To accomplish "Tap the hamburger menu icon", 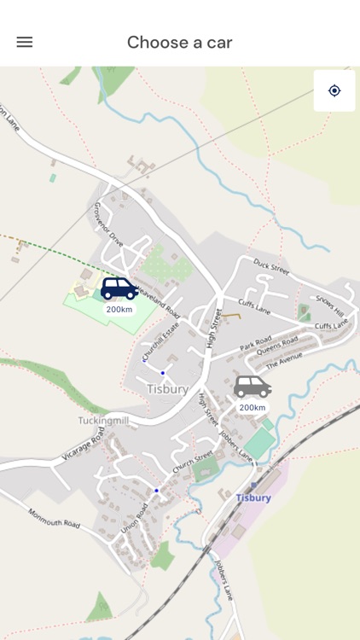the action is coord(25,42).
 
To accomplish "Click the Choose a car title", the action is coord(179,42).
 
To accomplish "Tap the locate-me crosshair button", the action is coord(334,90).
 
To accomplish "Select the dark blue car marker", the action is coord(119,288).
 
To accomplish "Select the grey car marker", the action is coord(252,387).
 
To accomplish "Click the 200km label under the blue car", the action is coord(119,309).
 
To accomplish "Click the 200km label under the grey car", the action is coord(253,408).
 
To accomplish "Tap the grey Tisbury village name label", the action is coord(167,389).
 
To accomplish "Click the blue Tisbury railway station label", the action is coord(253,497).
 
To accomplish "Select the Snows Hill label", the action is coord(329,304).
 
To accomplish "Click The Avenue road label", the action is coord(284,362).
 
